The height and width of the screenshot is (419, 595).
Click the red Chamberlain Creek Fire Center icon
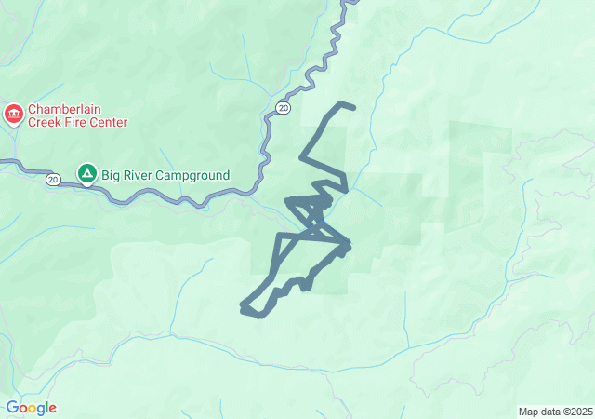coord(14,115)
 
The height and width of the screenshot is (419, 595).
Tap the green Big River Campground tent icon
coord(86,173)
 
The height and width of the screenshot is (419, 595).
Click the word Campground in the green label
coord(195,174)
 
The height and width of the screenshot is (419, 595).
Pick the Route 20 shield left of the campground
coord(54,179)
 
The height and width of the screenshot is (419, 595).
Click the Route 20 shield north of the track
coord(283,109)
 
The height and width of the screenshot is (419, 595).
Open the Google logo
coord(31,408)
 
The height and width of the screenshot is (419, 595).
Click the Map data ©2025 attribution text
coord(554,412)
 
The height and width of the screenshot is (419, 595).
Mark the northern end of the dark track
coord(353,108)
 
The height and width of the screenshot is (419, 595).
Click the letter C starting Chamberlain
coord(33,108)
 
